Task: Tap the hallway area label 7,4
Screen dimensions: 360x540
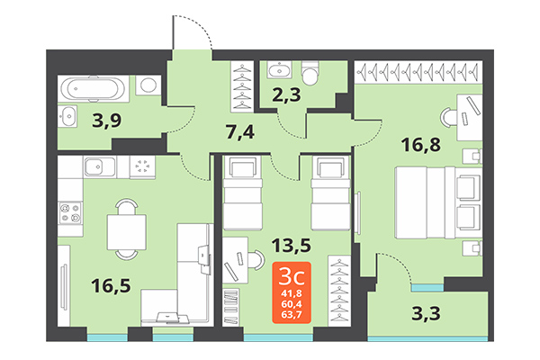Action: coord(240,134)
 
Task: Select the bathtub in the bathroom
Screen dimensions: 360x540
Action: coord(94,89)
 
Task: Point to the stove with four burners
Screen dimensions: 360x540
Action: coord(71,213)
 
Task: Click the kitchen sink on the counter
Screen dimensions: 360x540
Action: coord(96,167)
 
